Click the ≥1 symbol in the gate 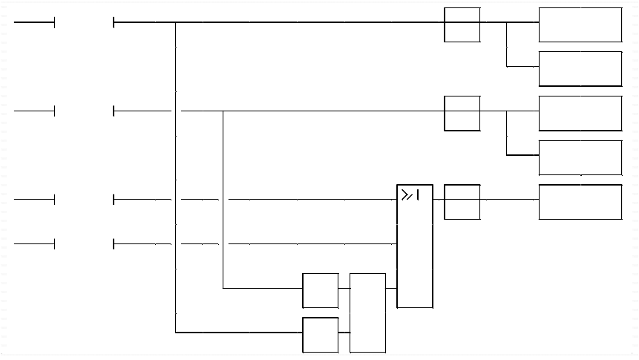(410, 195)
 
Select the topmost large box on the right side (580, 24)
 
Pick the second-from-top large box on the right (580, 68)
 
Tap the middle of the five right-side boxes (580, 113)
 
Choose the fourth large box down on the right (580, 157)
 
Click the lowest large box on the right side (580, 201)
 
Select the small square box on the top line (462, 24)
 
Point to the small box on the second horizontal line (462, 113)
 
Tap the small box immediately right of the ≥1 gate (462, 202)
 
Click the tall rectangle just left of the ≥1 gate (367, 312)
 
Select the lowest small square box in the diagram (320, 335)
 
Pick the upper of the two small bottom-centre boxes (320, 290)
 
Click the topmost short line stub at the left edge (34, 23)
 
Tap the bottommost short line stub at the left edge (34, 243)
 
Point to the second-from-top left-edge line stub (34, 111)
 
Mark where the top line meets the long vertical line (176, 23)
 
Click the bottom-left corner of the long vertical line (176, 333)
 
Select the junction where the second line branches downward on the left (223, 111)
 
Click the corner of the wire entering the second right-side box (507, 67)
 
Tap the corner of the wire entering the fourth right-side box (507, 155)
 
